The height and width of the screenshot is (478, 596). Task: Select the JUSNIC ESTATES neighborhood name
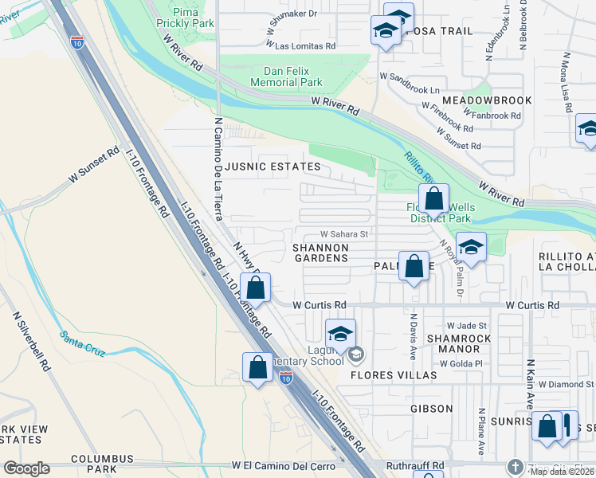pyautogui.click(x=273, y=167)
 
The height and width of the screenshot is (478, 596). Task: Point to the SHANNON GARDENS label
pyautogui.click(x=321, y=253)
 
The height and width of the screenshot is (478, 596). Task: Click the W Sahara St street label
pyautogui.click(x=343, y=234)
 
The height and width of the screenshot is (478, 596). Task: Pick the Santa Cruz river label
pyautogui.click(x=87, y=342)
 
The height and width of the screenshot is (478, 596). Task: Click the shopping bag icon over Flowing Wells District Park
pyautogui.click(x=433, y=198)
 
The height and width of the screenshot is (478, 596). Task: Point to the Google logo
pyautogui.click(x=26, y=468)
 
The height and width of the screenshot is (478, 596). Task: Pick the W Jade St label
pyautogui.click(x=465, y=325)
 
